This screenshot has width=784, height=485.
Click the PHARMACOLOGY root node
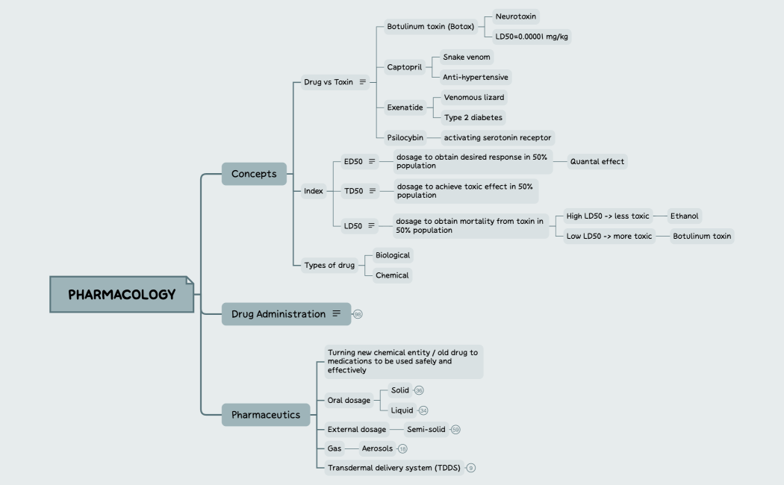[122, 294]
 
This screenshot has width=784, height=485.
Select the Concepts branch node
[254, 174]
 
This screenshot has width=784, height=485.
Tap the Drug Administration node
[279, 314]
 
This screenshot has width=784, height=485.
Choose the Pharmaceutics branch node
[266, 414]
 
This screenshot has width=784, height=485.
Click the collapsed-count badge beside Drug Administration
[358, 314]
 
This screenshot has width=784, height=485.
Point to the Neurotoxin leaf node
[516, 16]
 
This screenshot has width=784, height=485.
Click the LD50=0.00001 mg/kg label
[531, 36]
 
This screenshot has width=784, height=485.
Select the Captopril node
[404, 67]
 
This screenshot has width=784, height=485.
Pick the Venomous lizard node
[474, 97]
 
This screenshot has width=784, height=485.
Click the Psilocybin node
[405, 137]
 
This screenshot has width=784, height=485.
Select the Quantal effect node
[597, 161]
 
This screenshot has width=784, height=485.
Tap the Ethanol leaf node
[684, 216]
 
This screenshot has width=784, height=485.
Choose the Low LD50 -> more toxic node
[609, 236]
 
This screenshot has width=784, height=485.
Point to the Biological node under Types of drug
[392, 255]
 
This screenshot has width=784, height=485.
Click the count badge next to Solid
[420, 390]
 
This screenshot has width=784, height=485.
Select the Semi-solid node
[426, 429]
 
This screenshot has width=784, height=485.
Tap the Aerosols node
[377, 448]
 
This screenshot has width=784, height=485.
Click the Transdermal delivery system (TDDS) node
[394, 468]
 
